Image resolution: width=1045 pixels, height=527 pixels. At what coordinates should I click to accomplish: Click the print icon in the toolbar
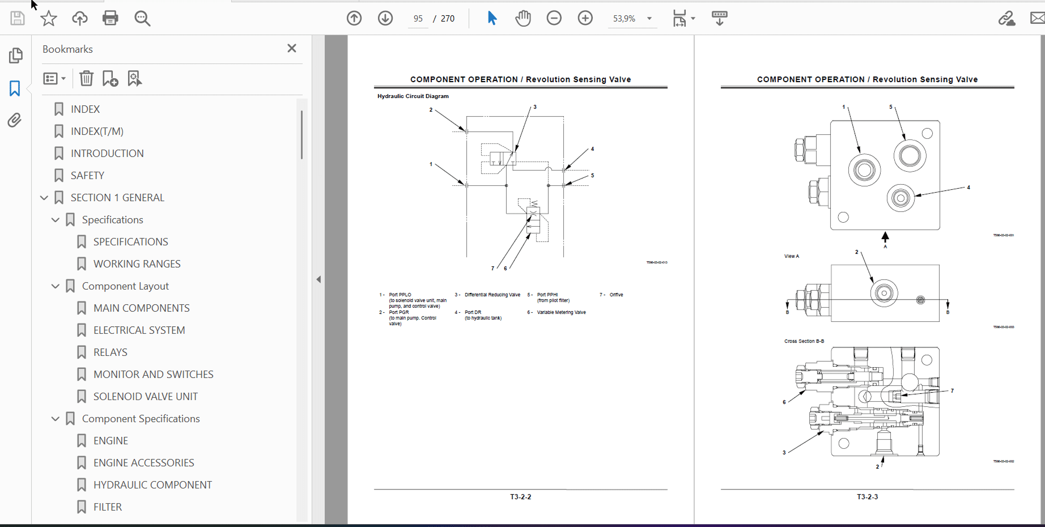111,18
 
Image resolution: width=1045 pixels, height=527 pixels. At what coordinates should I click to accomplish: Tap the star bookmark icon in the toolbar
49,18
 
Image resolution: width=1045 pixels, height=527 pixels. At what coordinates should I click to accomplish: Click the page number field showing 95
418,19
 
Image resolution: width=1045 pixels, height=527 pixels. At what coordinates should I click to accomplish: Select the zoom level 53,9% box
624,19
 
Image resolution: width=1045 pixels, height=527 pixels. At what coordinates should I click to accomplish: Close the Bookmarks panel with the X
292,48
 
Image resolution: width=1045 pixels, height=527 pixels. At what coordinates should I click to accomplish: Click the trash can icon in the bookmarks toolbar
86,78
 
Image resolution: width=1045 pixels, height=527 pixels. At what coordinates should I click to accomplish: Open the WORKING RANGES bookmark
137,264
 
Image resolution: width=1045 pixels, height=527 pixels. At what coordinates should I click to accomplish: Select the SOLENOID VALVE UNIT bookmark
145,397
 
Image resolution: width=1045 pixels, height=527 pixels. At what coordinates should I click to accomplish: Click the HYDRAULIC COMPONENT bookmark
152,485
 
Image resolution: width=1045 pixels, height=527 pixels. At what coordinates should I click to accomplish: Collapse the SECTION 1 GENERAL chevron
44,198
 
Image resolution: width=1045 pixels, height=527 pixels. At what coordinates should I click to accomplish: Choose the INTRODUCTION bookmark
107,154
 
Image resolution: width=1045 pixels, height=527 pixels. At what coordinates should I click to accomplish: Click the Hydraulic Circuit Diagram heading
413,96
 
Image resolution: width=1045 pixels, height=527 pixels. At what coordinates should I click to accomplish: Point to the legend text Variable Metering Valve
561,312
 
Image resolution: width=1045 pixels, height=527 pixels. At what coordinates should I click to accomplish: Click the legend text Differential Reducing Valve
492,295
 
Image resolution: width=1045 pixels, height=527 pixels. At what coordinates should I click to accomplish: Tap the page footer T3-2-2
520,497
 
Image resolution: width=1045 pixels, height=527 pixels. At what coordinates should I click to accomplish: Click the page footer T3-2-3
867,497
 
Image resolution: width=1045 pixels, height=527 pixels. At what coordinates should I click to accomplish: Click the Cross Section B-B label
804,341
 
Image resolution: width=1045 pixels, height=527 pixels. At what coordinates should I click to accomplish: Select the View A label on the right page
791,256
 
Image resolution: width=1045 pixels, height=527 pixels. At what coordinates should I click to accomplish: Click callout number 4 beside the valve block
968,187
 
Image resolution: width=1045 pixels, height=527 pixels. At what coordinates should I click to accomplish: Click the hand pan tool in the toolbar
523,18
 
